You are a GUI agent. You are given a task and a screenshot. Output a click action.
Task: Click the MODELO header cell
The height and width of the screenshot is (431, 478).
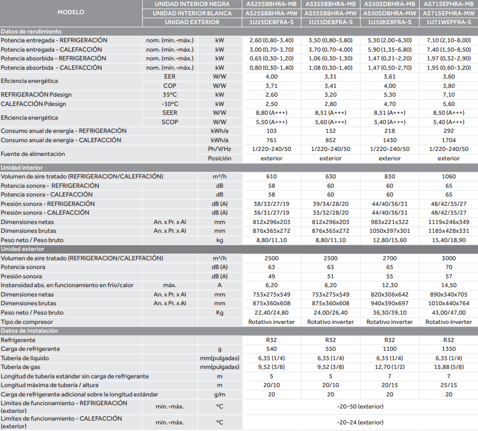tap(70, 12)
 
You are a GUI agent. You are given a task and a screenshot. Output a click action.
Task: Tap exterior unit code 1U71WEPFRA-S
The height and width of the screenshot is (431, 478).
tap(449, 22)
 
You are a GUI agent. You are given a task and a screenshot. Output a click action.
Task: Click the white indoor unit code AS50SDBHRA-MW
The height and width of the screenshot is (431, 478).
tap(390, 13)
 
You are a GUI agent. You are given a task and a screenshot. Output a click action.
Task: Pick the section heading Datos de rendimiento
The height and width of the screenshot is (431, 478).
tap(31, 31)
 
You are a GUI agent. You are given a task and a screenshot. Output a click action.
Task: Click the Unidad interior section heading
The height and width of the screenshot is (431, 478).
tap(22, 167)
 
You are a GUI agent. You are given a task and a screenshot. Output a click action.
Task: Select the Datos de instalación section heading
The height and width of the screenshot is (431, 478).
tap(29, 331)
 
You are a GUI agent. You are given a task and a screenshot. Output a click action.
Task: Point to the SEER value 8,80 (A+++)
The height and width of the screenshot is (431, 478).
tap(271, 113)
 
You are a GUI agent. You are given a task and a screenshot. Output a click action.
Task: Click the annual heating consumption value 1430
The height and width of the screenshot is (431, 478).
tap(390, 140)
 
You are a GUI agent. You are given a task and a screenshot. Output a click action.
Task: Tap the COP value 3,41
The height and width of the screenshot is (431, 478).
tap(331, 86)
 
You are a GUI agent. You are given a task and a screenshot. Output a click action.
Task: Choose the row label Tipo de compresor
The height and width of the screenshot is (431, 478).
tap(27, 322)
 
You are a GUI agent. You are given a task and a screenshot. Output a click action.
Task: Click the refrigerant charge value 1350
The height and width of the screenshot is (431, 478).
tap(449, 349)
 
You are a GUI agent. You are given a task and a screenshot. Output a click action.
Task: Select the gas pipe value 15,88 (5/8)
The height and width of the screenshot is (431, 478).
tap(449, 367)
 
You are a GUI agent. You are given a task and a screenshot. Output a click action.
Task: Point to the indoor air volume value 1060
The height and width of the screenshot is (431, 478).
tap(449, 176)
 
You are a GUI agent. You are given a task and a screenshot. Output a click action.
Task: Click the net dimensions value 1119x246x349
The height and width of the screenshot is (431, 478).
tap(449, 222)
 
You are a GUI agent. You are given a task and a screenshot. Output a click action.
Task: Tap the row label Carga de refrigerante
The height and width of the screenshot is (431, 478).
tap(30, 349)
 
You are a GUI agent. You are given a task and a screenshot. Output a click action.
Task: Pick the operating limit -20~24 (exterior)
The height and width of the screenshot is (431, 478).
tap(360, 422)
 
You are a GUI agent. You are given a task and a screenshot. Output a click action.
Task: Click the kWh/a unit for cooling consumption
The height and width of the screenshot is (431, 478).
tap(220, 131)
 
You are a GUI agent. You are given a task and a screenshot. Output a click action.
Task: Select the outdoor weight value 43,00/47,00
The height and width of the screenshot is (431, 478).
tap(449, 312)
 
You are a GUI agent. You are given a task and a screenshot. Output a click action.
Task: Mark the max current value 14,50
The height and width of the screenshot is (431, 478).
tap(449, 285)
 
